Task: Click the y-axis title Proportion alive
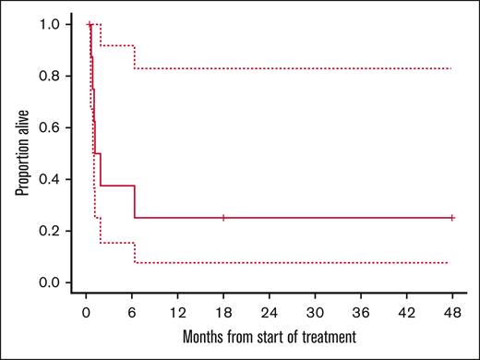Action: point(20,153)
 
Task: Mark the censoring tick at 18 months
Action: point(223,218)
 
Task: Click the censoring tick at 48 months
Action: point(451,218)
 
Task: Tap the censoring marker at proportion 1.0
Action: point(90,24)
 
